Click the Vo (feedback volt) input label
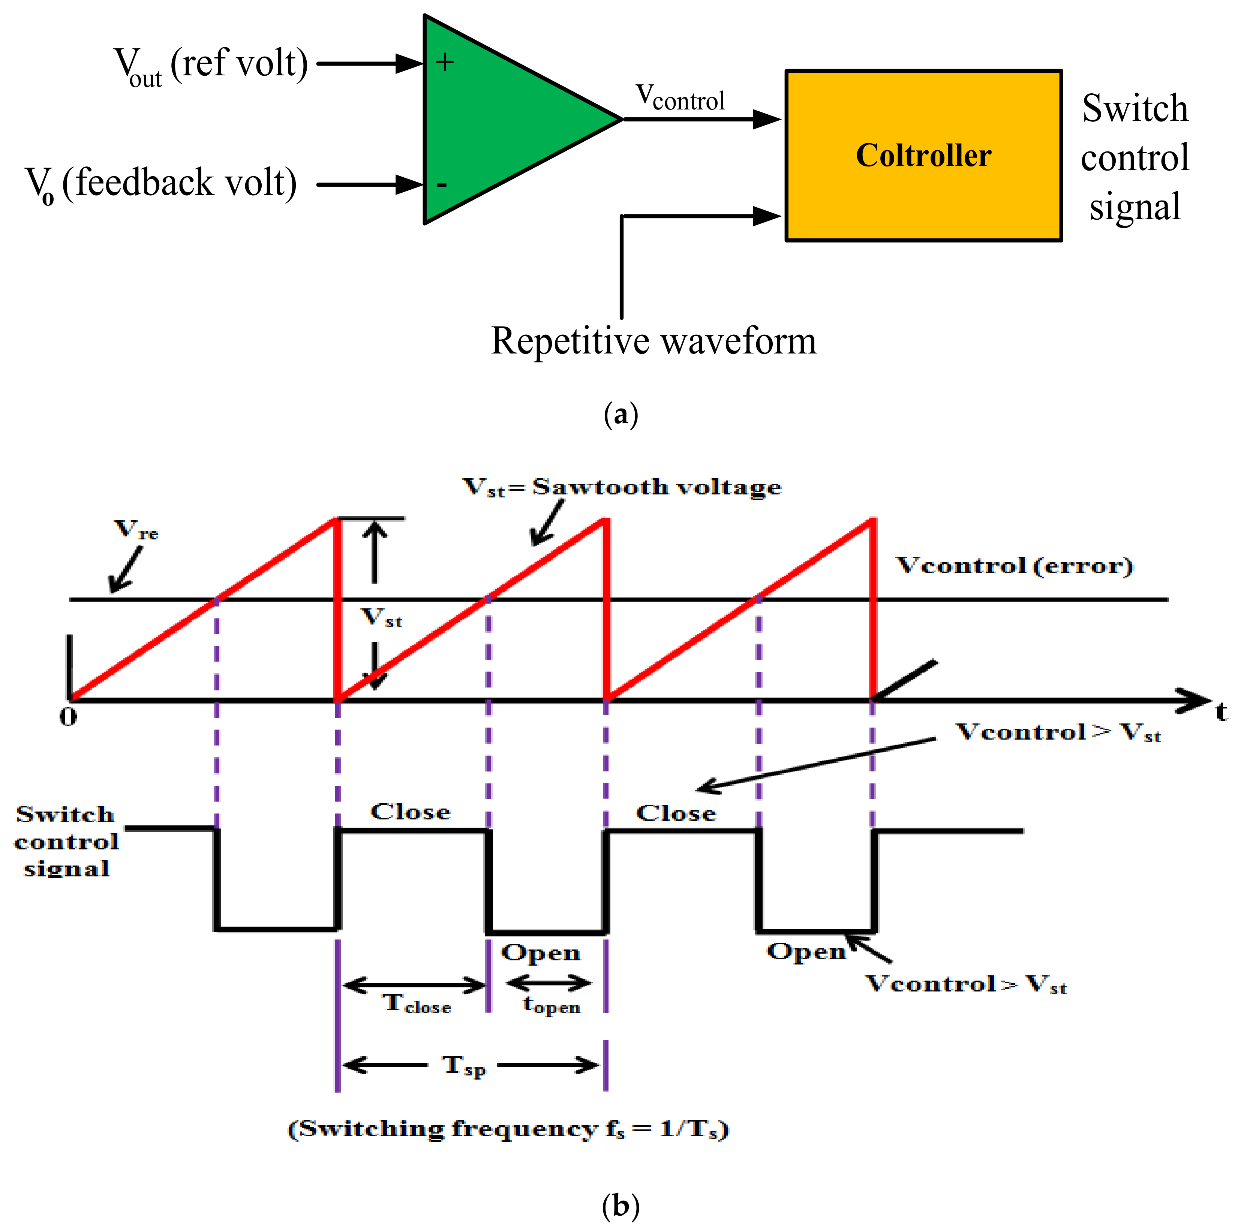coord(161,184)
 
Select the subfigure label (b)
coord(621,1205)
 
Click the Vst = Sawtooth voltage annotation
coord(621,487)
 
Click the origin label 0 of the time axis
coord(68,717)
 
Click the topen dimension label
coord(551,1004)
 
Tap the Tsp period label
coord(464,1066)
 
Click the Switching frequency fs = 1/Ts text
coord(507,1129)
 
